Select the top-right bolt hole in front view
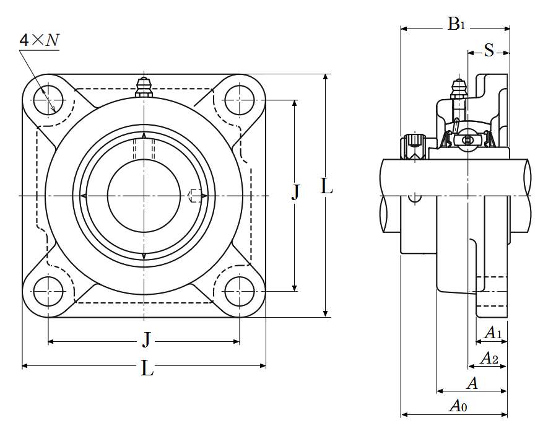(x=240, y=98)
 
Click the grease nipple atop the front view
(x=144, y=87)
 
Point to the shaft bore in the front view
(x=144, y=195)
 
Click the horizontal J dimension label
(x=146, y=339)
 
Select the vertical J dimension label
(x=295, y=193)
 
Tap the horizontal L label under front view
(x=147, y=369)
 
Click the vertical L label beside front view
(x=327, y=186)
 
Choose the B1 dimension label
(x=456, y=25)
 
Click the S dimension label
(x=489, y=51)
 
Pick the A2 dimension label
(x=490, y=358)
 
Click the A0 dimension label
(x=458, y=406)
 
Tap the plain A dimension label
(x=472, y=384)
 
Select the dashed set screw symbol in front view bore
(x=194, y=195)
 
